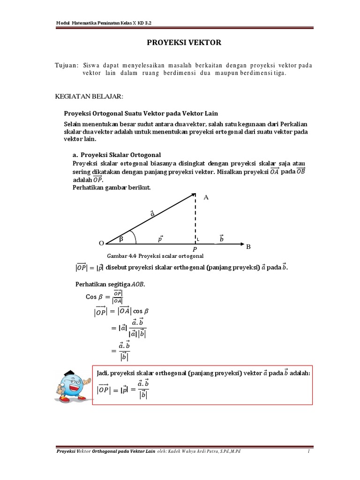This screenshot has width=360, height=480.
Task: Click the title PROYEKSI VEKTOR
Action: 180,43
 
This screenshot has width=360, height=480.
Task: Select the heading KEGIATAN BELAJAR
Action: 89,96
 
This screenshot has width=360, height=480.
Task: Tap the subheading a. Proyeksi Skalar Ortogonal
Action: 117,154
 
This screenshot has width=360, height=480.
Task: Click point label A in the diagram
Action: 205,198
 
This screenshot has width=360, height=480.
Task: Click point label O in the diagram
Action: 101,243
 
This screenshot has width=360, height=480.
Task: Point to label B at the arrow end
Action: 248,246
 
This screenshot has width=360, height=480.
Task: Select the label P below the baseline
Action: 195,250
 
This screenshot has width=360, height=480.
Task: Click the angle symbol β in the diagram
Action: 121,239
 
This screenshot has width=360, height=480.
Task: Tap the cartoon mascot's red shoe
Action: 82,398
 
